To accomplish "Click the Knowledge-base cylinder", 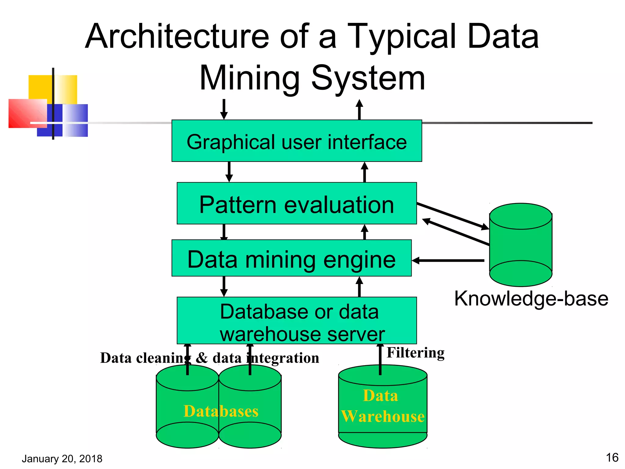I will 521,245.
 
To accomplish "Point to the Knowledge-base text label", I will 531,299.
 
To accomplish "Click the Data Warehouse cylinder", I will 383,406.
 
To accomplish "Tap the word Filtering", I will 415,353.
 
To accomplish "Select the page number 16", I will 612,458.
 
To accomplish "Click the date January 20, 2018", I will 62,459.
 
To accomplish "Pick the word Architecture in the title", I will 177,37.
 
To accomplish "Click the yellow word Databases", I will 221,411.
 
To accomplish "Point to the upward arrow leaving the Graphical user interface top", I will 359,109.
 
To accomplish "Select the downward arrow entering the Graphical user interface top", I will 224,109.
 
